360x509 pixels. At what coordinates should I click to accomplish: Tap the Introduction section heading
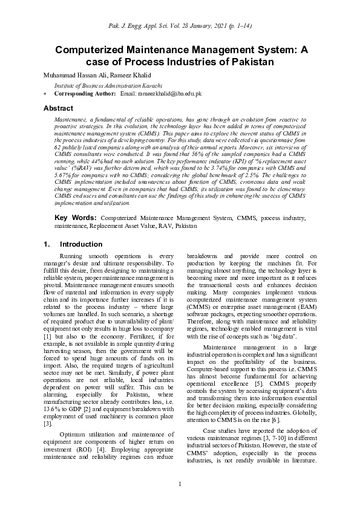81,244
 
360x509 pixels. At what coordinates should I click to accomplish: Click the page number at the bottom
180,483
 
